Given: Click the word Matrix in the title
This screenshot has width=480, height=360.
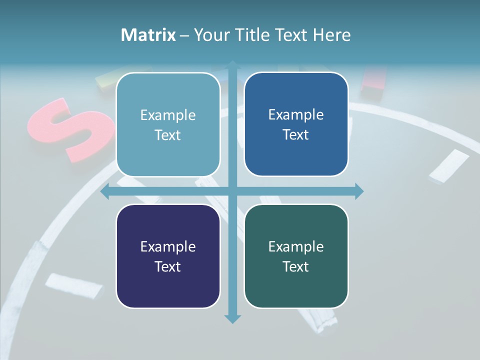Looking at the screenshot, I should click(x=148, y=35).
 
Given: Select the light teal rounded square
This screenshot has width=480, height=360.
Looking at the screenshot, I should click(x=168, y=124).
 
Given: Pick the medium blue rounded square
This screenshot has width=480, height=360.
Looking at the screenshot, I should click(x=296, y=124).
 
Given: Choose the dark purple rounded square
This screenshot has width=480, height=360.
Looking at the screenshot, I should click(x=168, y=256).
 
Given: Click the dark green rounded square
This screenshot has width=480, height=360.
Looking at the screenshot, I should click(x=296, y=256).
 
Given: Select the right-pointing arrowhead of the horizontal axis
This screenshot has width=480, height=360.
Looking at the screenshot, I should click(x=359, y=191).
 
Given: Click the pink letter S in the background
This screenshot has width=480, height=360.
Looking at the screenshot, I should click(x=70, y=128).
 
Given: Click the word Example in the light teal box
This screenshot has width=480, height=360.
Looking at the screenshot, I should click(x=168, y=115).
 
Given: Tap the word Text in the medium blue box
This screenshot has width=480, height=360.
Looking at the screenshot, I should click(x=296, y=134).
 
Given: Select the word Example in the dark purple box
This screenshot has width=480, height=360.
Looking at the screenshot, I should click(x=168, y=246).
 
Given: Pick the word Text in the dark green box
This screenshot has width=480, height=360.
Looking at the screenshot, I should click(x=296, y=266).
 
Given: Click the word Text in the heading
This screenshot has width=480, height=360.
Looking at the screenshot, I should click(x=291, y=35).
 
